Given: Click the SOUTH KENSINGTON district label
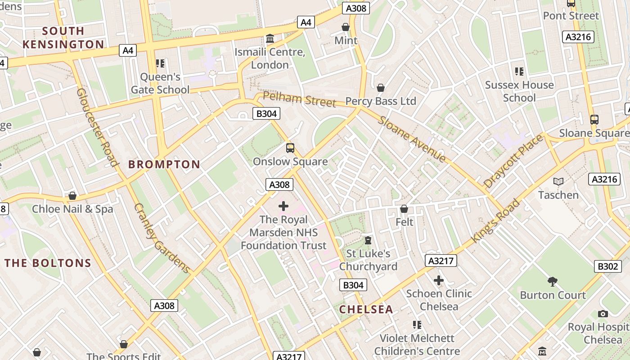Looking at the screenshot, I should click(63, 37).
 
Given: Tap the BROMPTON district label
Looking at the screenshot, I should click(164, 164).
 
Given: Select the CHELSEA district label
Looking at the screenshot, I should click(366, 309).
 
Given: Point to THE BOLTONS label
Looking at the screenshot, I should click(48, 263).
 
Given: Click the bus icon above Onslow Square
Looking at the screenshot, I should click(290, 148).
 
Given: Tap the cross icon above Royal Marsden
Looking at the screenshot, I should click(283, 206).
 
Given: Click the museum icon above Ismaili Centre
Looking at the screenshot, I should click(270, 39).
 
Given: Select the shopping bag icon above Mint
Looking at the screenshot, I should click(346, 27).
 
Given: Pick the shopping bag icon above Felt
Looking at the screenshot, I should click(404, 209).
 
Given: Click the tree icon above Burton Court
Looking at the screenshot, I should click(553, 282).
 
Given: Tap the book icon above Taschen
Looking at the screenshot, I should click(558, 181).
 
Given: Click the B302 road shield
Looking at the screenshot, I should click(607, 266).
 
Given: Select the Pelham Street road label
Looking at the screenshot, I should click(299, 99).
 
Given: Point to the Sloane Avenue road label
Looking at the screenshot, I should click(412, 139).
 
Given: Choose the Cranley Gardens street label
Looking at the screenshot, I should click(162, 238).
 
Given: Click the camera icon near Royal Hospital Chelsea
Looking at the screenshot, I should click(603, 314).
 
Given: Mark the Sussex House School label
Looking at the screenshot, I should click(519, 91).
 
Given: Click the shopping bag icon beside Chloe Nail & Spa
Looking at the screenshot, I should click(72, 196).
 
